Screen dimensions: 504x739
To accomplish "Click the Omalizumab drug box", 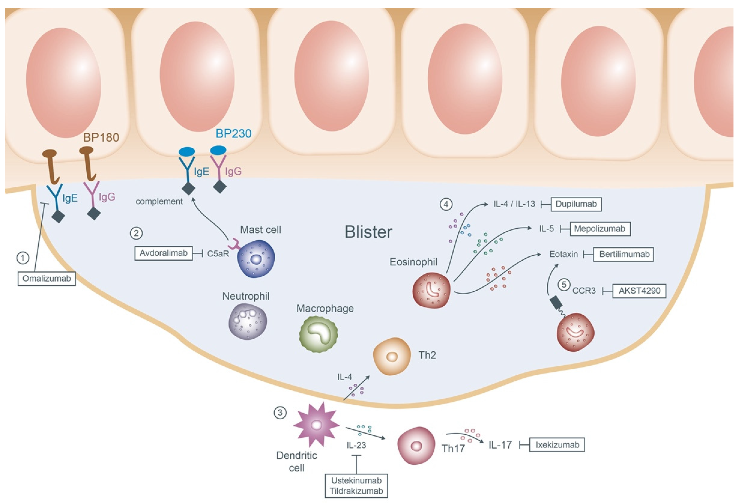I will click(46, 279).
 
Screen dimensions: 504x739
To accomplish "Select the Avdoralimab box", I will click(163, 253).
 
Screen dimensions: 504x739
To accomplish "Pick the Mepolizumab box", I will click(600, 229).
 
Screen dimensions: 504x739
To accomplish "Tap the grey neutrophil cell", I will click(248, 321).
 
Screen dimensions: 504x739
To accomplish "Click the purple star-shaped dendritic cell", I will click(316, 425).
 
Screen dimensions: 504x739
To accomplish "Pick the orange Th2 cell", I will click(392, 356).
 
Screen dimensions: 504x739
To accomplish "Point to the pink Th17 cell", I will click(416, 446).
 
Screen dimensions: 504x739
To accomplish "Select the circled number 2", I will click(136, 233).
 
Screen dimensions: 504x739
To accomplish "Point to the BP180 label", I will click(101, 137).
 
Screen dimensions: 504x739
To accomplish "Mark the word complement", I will click(159, 201).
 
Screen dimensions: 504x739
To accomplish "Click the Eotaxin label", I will click(563, 254).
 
